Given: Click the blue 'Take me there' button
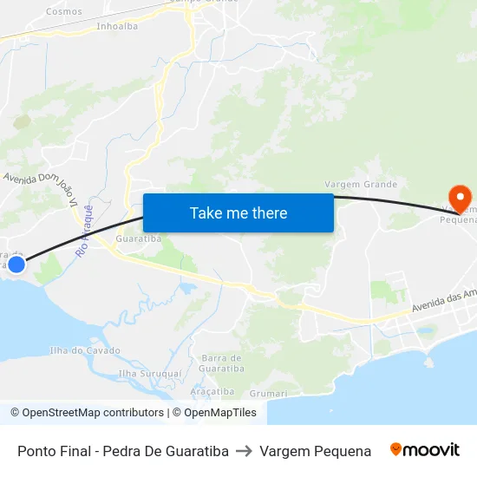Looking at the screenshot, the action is pos(238,212).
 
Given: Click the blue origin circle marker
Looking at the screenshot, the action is pos(16,263).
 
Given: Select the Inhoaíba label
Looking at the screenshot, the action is pos(117,26).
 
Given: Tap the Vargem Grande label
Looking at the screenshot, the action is pos(361,184).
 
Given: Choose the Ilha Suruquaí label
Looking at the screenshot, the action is pos(150,373).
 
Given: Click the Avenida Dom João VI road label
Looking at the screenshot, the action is pos(42,186).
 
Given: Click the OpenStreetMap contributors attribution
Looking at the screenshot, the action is pos(87,413).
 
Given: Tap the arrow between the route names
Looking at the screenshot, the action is pos(244,451).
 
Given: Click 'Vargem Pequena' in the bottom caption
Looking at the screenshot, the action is pos(315,451).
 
